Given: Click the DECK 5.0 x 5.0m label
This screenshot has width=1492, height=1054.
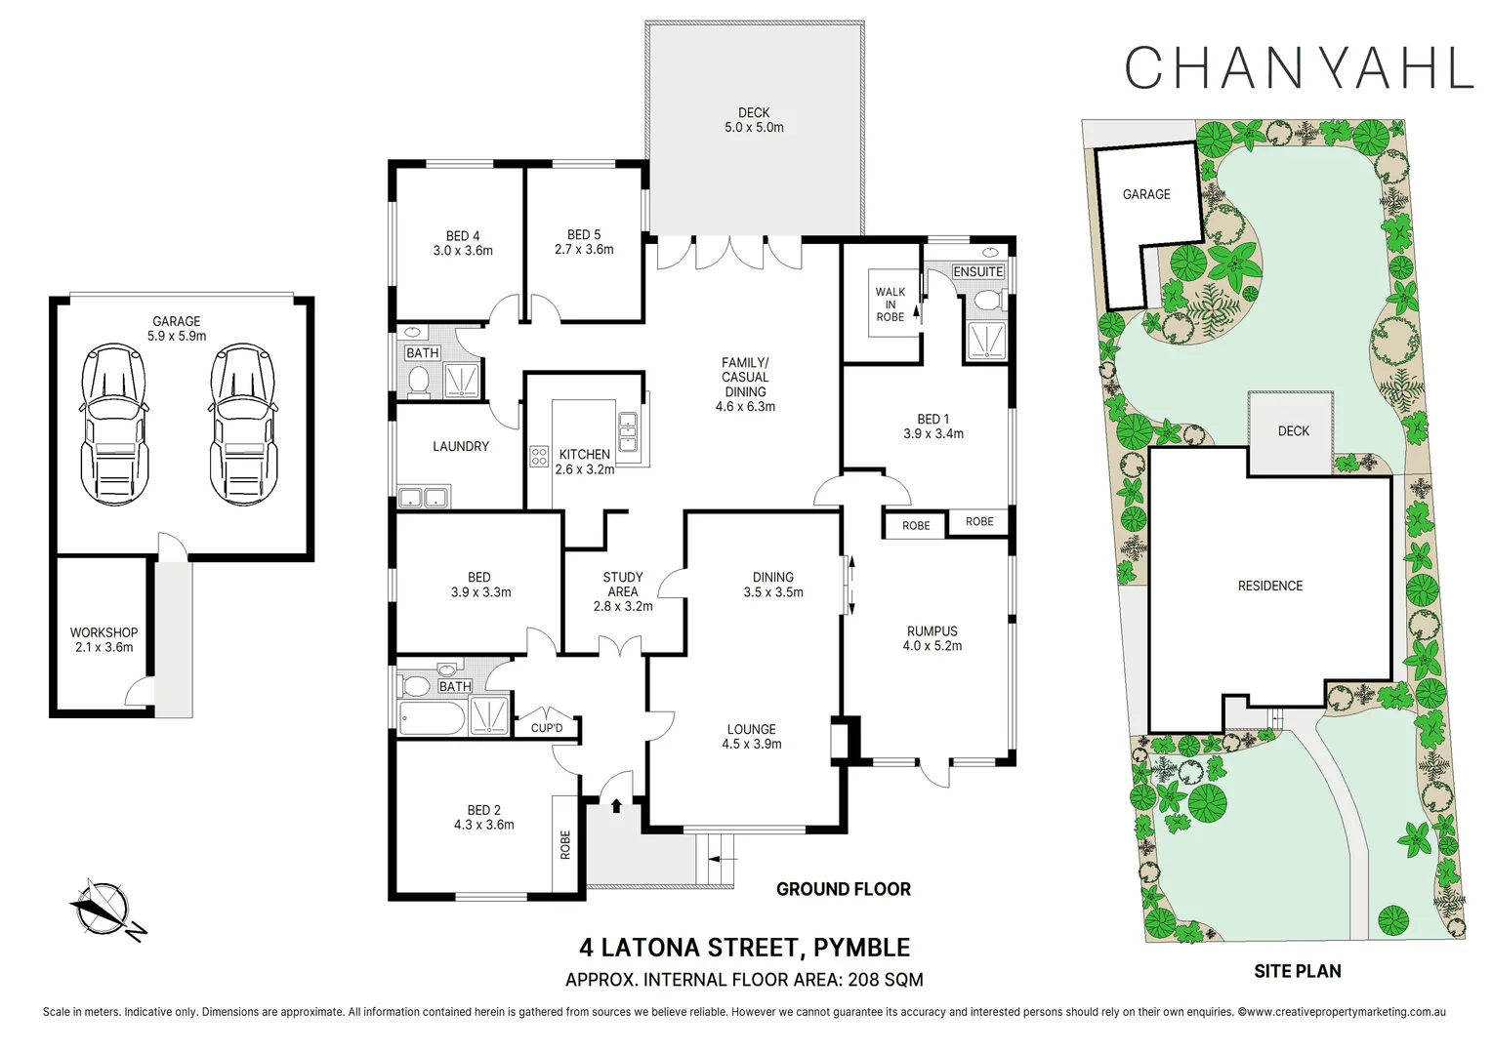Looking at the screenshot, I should point(754,120).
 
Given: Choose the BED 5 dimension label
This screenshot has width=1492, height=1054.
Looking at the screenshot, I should point(584,250).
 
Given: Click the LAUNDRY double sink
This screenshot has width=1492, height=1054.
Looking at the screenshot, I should point(423,498).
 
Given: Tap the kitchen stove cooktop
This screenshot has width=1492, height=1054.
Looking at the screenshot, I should point(539,456).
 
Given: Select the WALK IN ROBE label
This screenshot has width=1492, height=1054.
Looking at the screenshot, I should point(890,304).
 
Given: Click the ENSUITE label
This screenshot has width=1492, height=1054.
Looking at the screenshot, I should point(977,271).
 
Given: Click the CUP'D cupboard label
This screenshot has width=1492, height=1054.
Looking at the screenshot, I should point(547,728).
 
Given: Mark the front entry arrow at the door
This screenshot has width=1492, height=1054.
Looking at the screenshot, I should point(616,805).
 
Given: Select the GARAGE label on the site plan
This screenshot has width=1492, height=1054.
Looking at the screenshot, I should point(1146,194).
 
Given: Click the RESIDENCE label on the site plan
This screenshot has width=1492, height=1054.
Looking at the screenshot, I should point(1269,586).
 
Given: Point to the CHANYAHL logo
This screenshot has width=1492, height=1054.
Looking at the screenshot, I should point(1298,67).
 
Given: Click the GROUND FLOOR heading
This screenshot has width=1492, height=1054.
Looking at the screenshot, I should point(843,889).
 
